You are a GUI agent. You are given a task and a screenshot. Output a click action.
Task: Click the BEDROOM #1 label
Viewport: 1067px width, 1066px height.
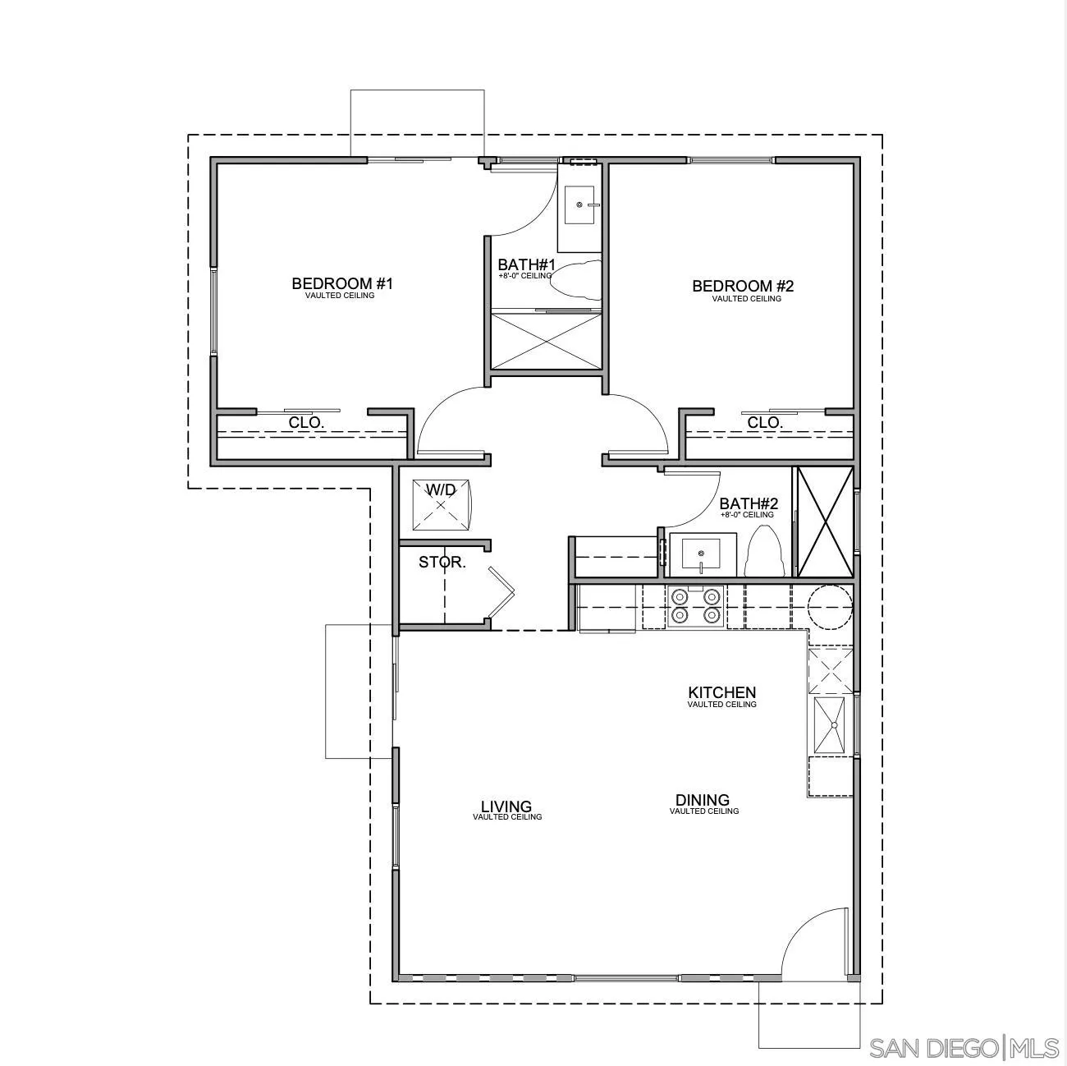point(342,284)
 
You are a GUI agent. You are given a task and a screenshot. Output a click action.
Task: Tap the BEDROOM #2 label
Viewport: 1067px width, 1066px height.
point(743,287)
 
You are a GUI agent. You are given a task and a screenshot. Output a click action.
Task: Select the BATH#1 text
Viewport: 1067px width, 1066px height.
point(526,265)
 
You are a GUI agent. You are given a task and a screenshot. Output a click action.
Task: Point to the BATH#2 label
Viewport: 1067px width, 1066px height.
point(748,504)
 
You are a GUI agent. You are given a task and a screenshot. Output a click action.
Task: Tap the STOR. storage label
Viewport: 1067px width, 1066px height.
point(442,563)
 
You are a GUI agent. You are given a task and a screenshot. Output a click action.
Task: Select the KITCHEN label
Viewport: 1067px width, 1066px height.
point(721,693)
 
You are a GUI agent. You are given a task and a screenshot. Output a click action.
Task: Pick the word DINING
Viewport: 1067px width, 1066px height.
point(703,800)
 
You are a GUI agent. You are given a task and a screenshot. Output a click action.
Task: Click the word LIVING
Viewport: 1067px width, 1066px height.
point(506,806)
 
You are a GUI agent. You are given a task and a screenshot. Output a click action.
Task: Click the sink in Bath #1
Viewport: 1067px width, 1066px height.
point(580,204)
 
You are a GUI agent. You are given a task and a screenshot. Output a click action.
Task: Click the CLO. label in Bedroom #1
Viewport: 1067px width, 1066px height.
point(307,423)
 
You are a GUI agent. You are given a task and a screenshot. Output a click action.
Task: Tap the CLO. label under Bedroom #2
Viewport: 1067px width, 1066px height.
point(765,423)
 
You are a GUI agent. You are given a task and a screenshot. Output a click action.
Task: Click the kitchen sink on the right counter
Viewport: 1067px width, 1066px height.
point(831,725)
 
